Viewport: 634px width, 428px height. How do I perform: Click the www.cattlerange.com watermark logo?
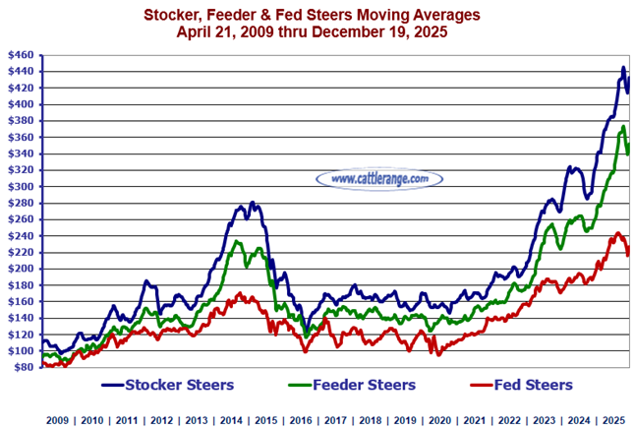pyautogui.click(x=379, y=178)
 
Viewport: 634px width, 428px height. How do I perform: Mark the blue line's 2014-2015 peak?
pyautogui.click(x=253, y=202)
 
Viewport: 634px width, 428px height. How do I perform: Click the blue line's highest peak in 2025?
pyautogui.click(x=623, y=67)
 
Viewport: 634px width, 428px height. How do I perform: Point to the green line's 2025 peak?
pyautogui.click(x=622, y=126)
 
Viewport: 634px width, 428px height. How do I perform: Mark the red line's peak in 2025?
pyautogui.click(x=617, y=233)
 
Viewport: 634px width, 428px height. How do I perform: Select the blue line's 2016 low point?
pyautogui.click(x=307, y=333)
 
